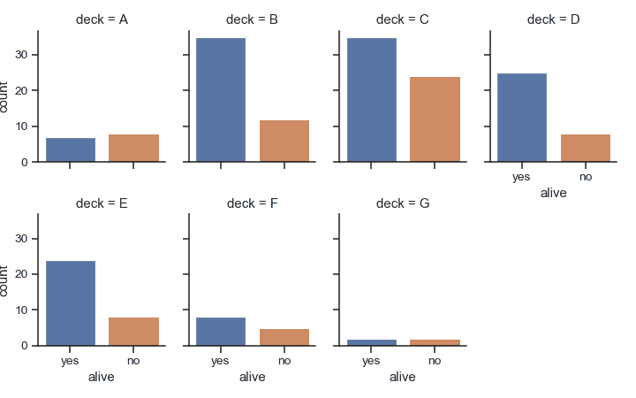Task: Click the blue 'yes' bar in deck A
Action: pyautogui.click(x=70, y=150)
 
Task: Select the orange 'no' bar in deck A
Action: pyautogui.click(x=133, y=149)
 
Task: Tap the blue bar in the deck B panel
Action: pyautogui.click(x=220, y=100)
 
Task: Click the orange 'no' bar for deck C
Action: pyautogui.click(x=435, y=119)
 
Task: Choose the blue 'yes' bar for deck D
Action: pyautogui.click(x=521, y=118)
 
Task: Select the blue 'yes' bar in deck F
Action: pyautogui.click(x=220, y=332)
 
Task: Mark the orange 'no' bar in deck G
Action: pyautogui.click(x=435, y=342)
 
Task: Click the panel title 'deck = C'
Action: pyautogui.click(x=402, y=19)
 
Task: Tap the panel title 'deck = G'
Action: pyautogui.click(x=402, y=203)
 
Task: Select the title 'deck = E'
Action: pyautogui.click(x=102, y=203)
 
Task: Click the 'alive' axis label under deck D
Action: pyautogui.click(x=553, y=193)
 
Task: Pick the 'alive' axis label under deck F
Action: pyautogui.click(x=252, y=377)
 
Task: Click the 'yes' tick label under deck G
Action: pyautogui.click(x=371, y=361)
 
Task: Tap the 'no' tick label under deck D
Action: pyautogui.click(x=585, y=177)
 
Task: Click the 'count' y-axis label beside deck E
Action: pyautogui.click(x=6, y=279)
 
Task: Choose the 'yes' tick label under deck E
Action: pyautogui.click(x=70, y=361)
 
